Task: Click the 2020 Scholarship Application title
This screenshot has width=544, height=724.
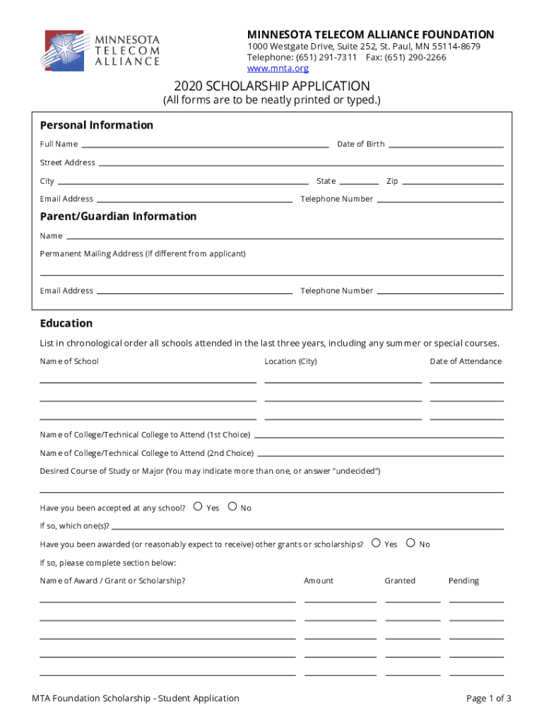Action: tap(272, 86)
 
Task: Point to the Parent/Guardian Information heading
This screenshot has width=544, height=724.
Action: tap(118, 216)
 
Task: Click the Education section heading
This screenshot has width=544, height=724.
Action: tap(66, 323)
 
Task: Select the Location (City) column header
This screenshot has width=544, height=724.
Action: tap(290, 361)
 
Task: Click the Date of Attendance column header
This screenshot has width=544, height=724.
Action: tap(466, 361)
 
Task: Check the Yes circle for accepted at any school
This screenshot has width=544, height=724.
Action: tap(198, 506)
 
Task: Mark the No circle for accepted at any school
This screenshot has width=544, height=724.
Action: tap(232, 506)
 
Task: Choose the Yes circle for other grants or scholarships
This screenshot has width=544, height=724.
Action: tap(376, 543)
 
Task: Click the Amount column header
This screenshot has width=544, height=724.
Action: tap(319, 580)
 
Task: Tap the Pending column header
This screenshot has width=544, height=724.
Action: tap(463, 580)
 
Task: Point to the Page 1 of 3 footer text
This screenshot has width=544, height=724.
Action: tap(488, 699)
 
